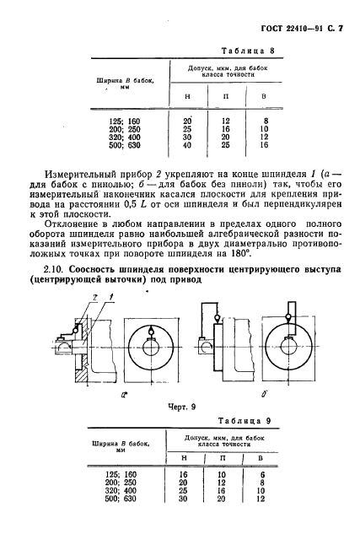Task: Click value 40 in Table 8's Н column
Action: click(187, 145)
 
